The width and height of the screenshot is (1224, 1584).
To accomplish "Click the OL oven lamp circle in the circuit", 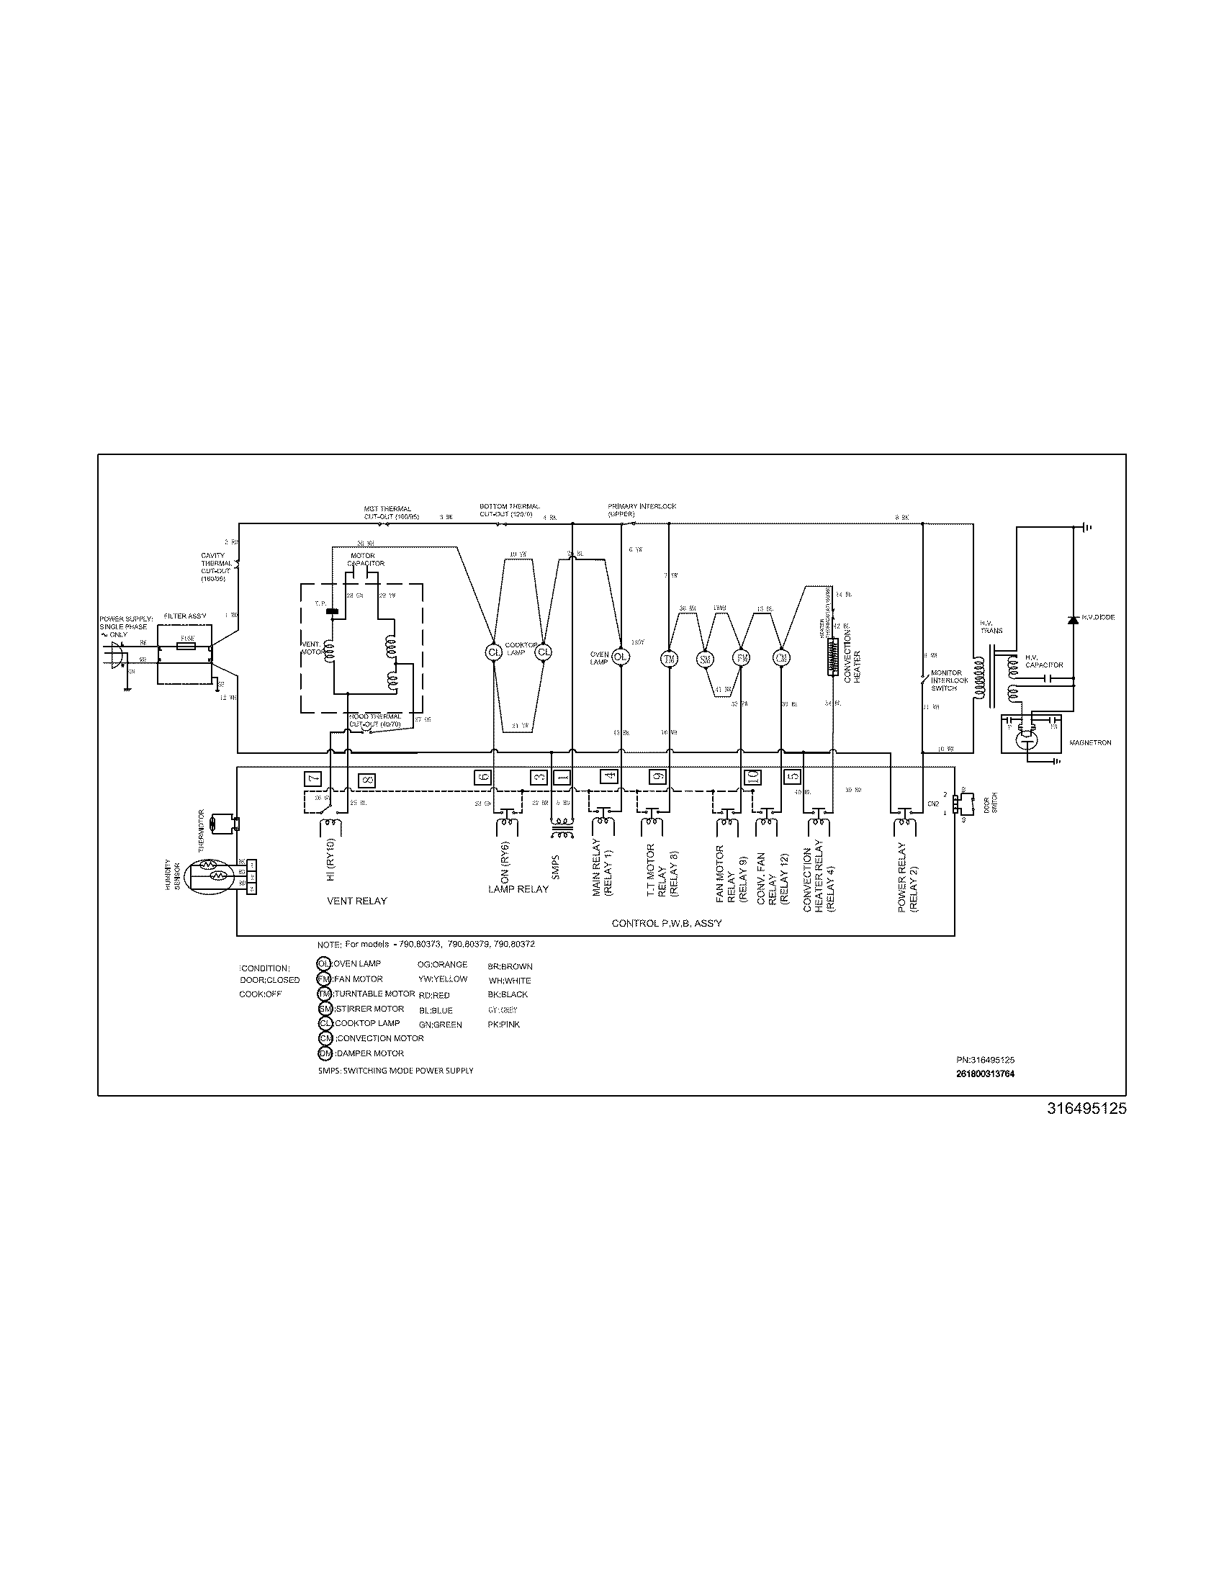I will pyautogui.click(x=620, y=657).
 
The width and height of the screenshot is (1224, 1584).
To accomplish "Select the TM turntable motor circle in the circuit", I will pyautogui.click(x=668, y=659).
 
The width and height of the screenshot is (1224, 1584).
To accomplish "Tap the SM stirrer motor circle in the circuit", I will pyautogui.click(x=705, y=659).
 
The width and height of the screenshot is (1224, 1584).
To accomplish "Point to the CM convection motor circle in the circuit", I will pyautogui.click(x=781, y=659).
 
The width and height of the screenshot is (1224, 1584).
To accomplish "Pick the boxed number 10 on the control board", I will pyautogui.click(x=752, y=776).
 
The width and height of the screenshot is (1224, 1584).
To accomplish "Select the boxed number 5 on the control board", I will pyautogui.click(x=793, y=776).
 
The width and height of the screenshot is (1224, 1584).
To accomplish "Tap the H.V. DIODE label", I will pyautogui.click(x=1098, y=617).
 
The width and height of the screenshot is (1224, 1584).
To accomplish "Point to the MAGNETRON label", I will pyautogui.click(x=1090, y=743).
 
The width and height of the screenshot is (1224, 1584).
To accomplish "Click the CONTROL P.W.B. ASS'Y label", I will pyautogui.click(x=667, y=923).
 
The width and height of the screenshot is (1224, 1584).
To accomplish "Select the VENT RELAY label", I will pyautogui.click(x=356, y=901).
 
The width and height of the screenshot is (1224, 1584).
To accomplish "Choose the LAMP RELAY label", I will pyautogui.click(x=518, y=889).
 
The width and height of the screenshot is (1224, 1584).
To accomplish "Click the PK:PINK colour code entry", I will pyautogui.click(x=504, y=1025).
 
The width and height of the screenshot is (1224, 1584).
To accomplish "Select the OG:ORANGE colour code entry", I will pyautogui.click(x=442, y=966).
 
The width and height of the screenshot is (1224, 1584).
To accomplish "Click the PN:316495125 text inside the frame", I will pyautogui.click(x=985, y=1060).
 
